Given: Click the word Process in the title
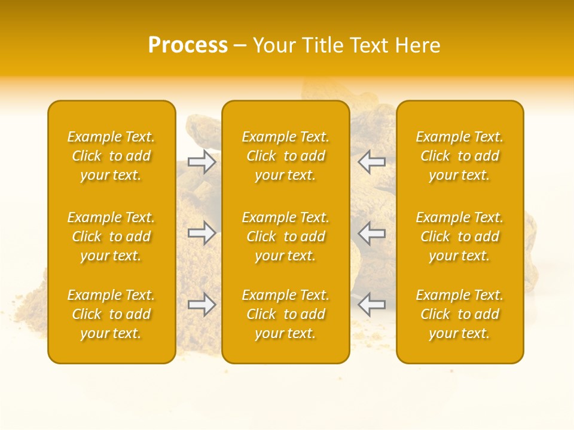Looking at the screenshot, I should pos(188,45).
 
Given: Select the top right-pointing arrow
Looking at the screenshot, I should pos(201,161).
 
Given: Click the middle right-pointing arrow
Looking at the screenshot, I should pos(201,233).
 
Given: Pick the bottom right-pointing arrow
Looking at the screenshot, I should pos(201,305).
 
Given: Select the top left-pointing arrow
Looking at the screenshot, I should pos(371,161).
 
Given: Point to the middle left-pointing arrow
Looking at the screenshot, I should pos(371,233).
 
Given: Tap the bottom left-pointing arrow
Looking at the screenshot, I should pos(371,305).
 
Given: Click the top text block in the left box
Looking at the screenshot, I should pos(111,156).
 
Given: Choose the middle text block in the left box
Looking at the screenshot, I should pos(111,236).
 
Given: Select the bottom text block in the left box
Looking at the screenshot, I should pos(111,314).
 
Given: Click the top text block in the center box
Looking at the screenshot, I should pos(286,156).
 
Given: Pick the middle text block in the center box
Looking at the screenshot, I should pos(286,236).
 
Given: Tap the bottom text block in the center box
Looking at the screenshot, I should pos(286,314).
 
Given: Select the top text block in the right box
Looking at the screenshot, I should pos(460,156).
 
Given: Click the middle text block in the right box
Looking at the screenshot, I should pos(460,236).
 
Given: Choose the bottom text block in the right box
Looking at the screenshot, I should pos(460,314).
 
